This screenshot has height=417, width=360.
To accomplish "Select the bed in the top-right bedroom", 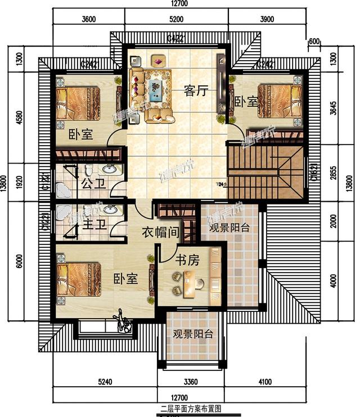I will (x=278, y=102).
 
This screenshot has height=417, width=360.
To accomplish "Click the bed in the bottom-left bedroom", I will (x=78, y=280).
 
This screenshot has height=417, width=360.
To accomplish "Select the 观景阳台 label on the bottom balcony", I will (x=192, y=334).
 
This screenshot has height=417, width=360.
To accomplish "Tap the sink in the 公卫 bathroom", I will (x=110, y=169).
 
